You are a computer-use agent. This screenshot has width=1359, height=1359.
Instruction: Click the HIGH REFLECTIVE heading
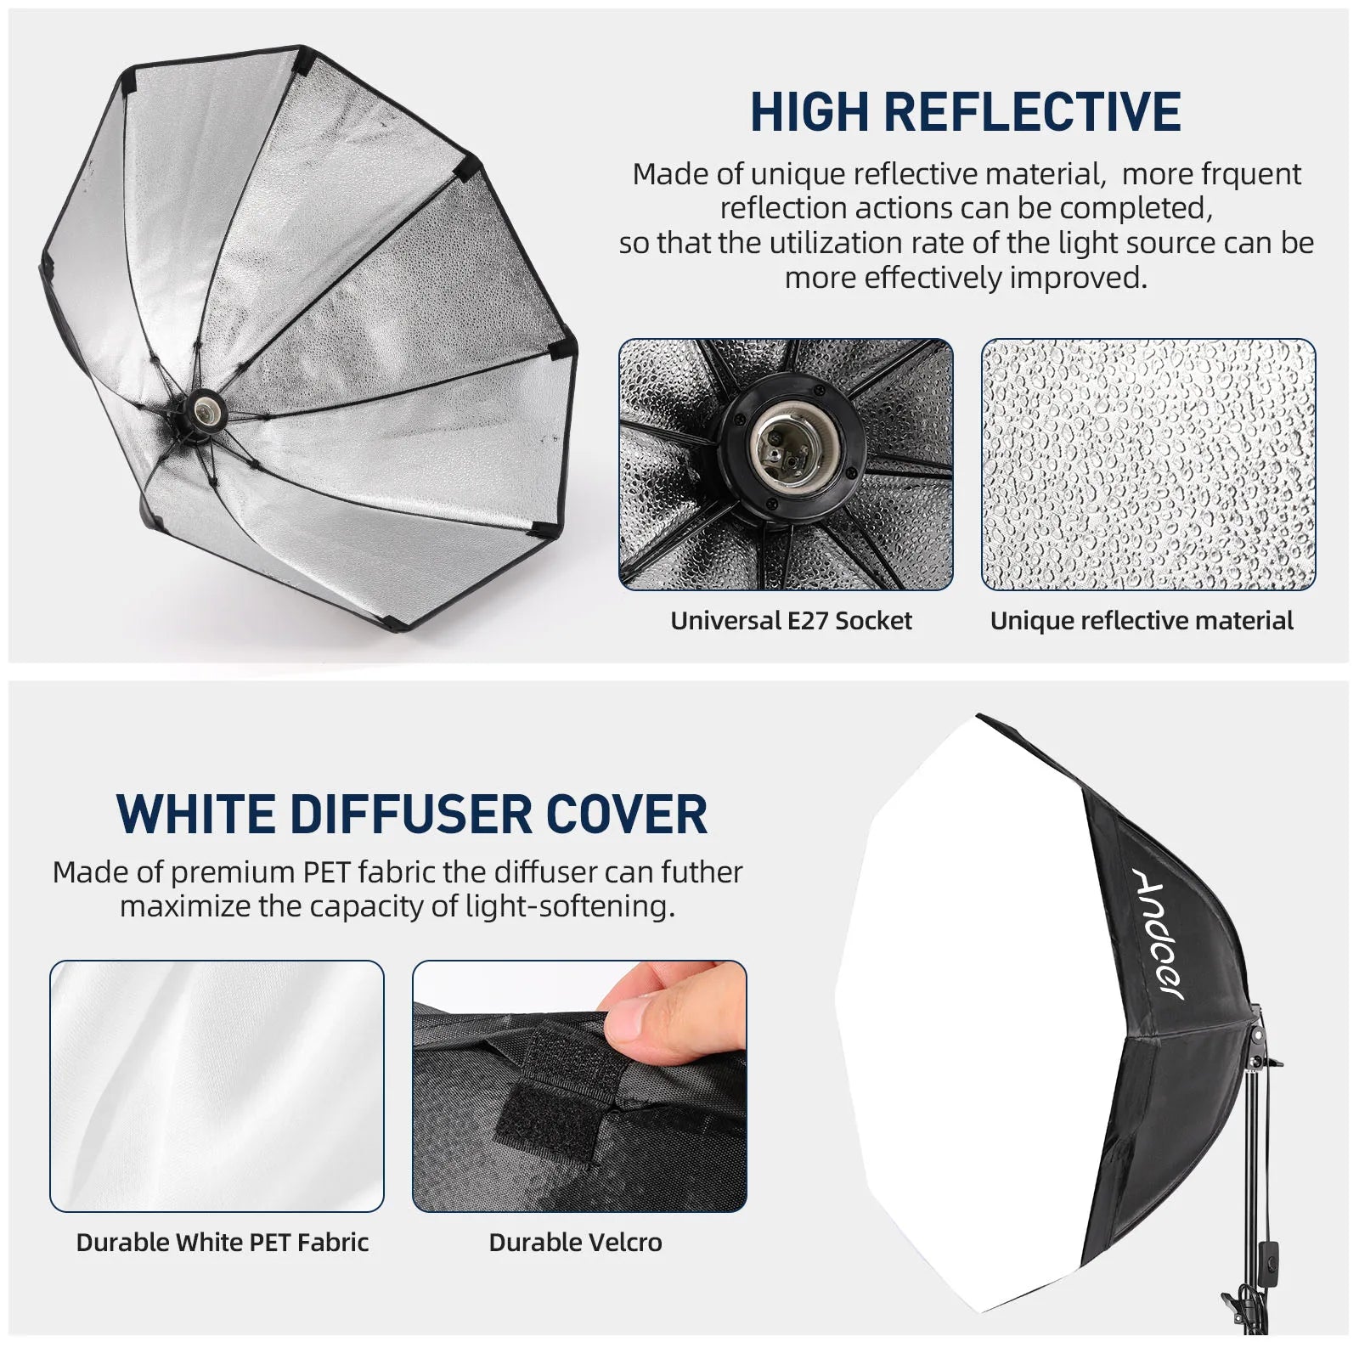click(965, 112)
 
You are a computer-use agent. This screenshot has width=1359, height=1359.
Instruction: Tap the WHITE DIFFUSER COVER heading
click(411, 814)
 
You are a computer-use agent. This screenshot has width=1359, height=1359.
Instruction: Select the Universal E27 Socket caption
click(791, 621)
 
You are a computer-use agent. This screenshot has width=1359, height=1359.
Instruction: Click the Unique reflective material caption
click(1142, 621)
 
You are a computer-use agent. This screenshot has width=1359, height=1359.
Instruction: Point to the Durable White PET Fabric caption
click(223, 1243)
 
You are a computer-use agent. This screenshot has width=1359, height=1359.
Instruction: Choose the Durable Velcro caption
click(575, 1243)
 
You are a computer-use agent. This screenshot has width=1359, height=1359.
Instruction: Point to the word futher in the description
click(701, 872)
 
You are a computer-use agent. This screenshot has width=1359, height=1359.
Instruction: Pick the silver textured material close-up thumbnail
click(1148, 464)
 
